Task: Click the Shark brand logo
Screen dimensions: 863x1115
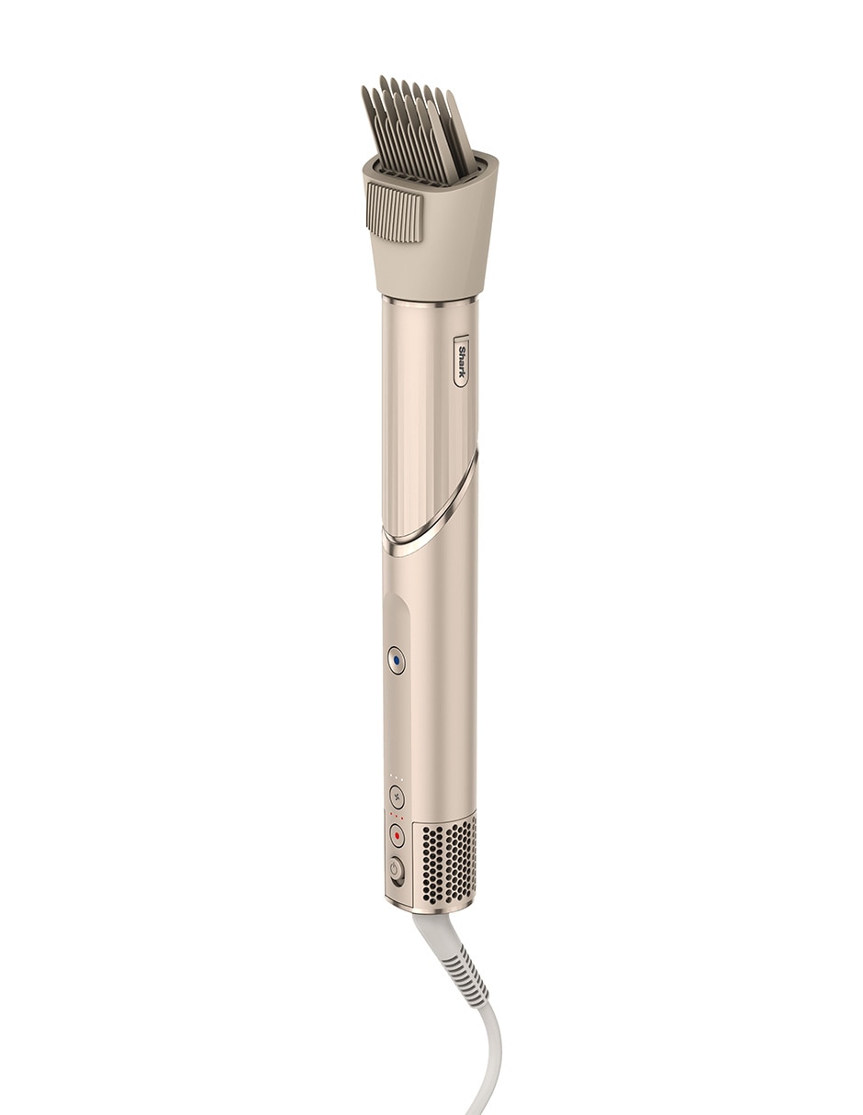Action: click(461, 361)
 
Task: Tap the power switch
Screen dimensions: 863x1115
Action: click(395, 871)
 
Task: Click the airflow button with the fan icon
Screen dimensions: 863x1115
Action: click(396, 797)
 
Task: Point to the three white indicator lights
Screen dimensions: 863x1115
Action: click(396, 780)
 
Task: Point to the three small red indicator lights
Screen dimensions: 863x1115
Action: click(396, 818)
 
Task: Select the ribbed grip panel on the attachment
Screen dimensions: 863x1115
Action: click(394, 212)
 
